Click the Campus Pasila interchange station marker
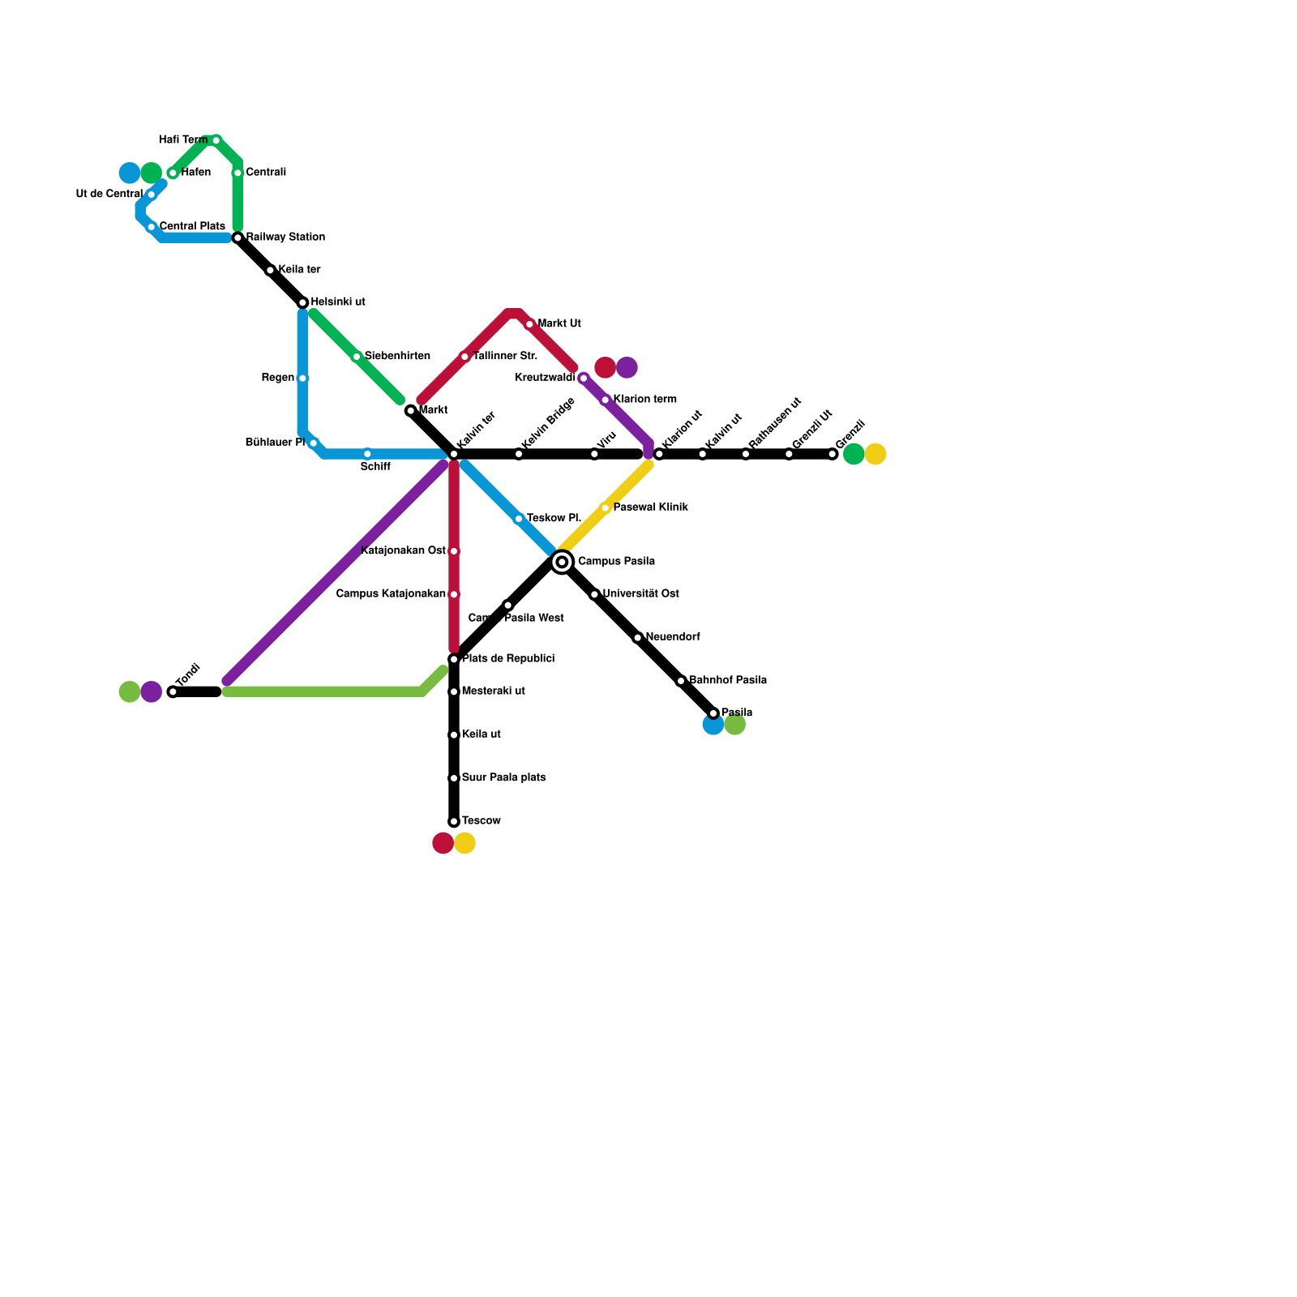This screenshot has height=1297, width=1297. (562, 562)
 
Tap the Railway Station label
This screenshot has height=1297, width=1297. (285, 238)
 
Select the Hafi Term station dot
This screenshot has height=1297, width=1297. (216, 140)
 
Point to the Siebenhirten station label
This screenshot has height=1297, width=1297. (397, 356)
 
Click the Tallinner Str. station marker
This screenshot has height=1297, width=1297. (464, 357)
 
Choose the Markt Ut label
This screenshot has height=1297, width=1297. (559, 323)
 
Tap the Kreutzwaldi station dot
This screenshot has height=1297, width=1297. (583, 378)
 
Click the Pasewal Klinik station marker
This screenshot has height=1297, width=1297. (605, 507)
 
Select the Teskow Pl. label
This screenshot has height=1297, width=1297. (554, 518)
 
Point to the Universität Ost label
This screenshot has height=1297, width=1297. (640, 593)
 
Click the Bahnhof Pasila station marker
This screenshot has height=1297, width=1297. (681, 681)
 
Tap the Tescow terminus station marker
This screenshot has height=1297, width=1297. (454, 822)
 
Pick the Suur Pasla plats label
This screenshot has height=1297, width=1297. (503, 777)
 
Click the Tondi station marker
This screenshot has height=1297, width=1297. (173, 691)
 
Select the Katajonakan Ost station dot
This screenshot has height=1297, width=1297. (454, 551)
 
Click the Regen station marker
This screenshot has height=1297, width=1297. (302, 378)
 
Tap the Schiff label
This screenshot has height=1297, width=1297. (375, 467)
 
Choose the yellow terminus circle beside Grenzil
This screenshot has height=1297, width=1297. (875, 454)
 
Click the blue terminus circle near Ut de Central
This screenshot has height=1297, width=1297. (130, 173)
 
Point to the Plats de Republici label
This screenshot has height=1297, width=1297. (508, 658)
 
